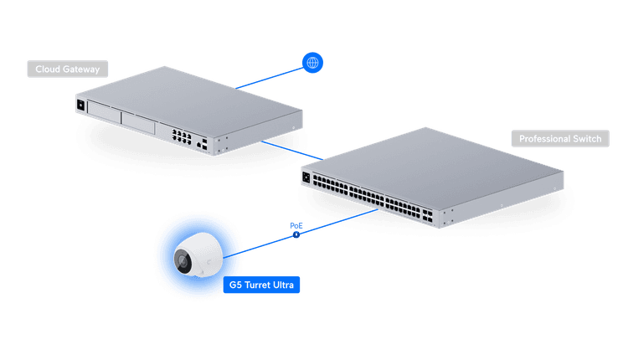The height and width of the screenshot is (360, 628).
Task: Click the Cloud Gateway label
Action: point(67,69)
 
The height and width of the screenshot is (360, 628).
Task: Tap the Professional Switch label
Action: point(559,139)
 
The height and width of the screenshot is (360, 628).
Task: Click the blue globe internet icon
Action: point(312,62)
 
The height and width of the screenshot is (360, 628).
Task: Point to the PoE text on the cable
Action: point(296,224)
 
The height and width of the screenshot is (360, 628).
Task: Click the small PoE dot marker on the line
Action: point(296,234)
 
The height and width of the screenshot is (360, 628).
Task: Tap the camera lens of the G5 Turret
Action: point(183,261)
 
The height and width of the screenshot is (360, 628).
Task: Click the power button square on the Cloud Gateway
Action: point(81,105)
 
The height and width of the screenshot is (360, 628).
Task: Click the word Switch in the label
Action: point(584,139)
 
